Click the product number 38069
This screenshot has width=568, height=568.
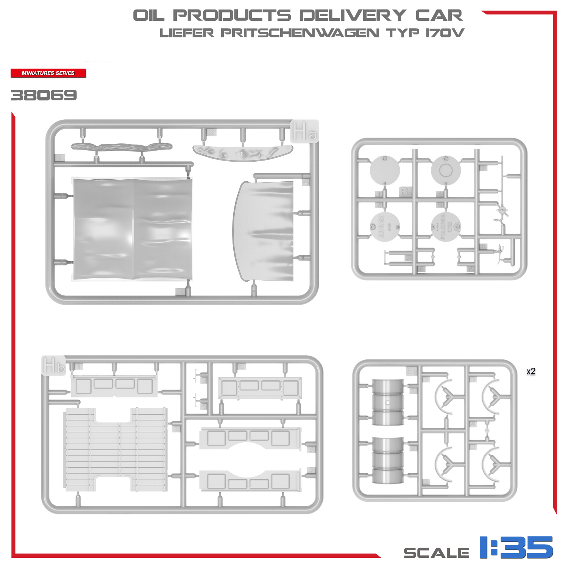(44, 95)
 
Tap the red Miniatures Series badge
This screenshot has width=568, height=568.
(48, 73)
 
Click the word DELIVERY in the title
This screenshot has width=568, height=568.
(353, 16)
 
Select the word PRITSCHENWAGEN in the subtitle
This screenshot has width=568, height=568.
(300, 33)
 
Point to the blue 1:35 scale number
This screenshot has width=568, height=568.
(516, 547)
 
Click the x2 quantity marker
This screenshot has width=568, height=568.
(531, 371)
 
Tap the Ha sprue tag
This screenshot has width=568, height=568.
(304, 132)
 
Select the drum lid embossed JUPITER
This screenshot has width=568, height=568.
(384, 228)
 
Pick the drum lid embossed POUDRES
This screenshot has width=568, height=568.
(446, 227)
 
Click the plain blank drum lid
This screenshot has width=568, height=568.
(384, 170)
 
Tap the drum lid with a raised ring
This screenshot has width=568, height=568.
(446, 170)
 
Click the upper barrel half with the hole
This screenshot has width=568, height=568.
(388, 402)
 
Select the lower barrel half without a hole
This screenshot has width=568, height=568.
(388, 460)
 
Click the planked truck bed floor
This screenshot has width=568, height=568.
(115, 449)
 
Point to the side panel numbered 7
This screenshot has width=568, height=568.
(250, 481)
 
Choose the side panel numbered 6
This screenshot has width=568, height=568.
(250, 438)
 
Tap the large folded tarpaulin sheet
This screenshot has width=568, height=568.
(133, 229)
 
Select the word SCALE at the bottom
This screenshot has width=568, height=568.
(436, 552)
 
